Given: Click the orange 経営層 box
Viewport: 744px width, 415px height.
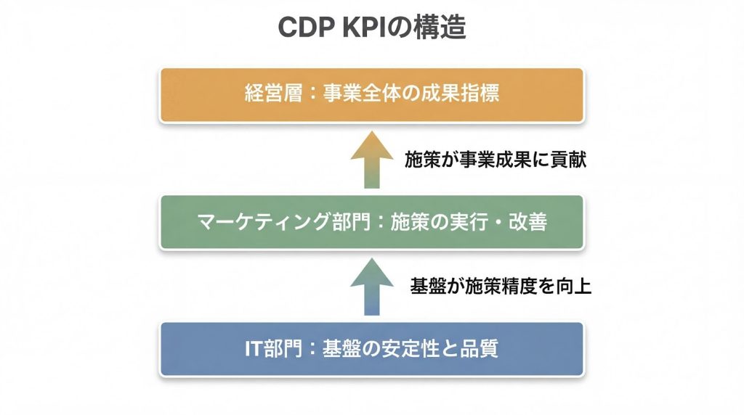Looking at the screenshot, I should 371,95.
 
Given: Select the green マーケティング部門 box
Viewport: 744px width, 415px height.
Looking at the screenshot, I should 371,222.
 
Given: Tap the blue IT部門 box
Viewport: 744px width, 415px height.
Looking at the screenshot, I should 371,349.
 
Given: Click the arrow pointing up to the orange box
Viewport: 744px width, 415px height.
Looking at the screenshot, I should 371,159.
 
